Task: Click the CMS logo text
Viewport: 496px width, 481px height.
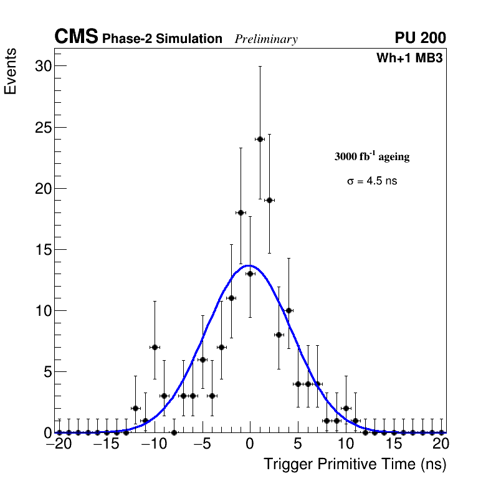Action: click(x=76, y=37)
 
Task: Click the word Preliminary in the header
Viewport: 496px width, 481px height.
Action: click(x=266, y=39)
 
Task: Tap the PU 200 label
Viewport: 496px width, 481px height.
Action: click(x=420, y=38)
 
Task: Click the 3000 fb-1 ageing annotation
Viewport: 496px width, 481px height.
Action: click(x=372, y=156)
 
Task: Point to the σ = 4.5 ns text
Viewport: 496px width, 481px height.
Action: click(x=372, y=181)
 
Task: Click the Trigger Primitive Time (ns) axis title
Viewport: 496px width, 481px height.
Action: click(x=355, y=465)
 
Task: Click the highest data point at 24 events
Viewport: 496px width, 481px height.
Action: click(x=260, y=139)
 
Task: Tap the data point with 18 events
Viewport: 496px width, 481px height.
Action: click(x=241, y=212)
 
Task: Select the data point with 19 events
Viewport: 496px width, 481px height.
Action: click(x=269, y=200)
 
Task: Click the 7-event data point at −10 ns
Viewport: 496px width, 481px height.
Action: click(x=155, y=347)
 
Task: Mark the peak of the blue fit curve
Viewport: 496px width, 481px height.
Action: click(x=249, y=265)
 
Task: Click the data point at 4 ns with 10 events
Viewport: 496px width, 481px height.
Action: click(x=289, y=310)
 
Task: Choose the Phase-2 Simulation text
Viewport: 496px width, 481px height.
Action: click(x=162, y=39)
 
